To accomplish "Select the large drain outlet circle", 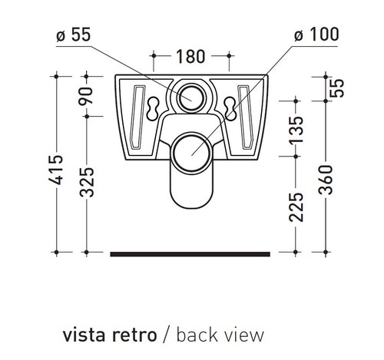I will click(191, 150).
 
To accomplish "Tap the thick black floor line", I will click(191, 251).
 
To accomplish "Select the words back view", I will click(219, 335).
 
